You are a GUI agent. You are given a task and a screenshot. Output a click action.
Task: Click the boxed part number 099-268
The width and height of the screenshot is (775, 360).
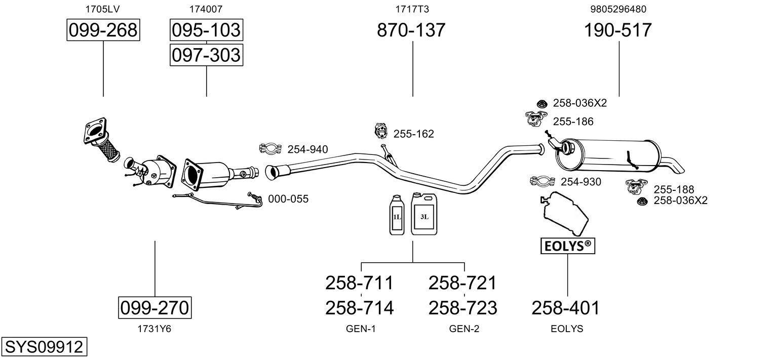(x=103, y=30)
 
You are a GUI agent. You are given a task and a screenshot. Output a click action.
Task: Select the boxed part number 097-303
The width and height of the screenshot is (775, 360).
(x=206, y=55)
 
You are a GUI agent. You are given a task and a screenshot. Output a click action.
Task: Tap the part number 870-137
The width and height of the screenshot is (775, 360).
(x=411, y=30)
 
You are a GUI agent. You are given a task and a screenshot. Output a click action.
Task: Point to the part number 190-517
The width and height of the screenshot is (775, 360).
(x=618, y=30)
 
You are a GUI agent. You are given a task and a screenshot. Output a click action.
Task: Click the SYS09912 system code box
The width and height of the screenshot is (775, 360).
(x=44, y=347)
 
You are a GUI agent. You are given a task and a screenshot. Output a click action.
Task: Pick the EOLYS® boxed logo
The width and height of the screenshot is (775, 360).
(x=567, y=246)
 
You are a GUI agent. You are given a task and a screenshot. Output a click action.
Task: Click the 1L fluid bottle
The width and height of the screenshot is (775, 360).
(x=397, y=215)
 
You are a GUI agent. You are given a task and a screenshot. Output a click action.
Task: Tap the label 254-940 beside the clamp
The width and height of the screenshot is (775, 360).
(x=307, y=149)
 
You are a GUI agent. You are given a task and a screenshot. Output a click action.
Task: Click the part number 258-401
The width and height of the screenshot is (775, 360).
(x=565, y=307)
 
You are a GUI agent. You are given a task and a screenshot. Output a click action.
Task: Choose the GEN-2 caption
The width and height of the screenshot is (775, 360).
(x=464, y=329)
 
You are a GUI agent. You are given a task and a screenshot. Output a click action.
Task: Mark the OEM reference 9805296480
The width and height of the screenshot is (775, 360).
(x=618, y=9)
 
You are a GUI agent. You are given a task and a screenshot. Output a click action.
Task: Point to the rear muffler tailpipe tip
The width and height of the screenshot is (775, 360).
(x=677, y=166)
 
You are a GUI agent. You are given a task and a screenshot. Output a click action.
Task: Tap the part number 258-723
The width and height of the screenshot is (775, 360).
(x=462, y=307)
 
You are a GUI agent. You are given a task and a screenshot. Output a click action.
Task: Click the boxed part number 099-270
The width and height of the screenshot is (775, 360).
(x=155, y=307)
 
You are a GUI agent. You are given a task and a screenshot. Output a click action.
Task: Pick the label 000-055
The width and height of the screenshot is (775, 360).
(x=288, y=199)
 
